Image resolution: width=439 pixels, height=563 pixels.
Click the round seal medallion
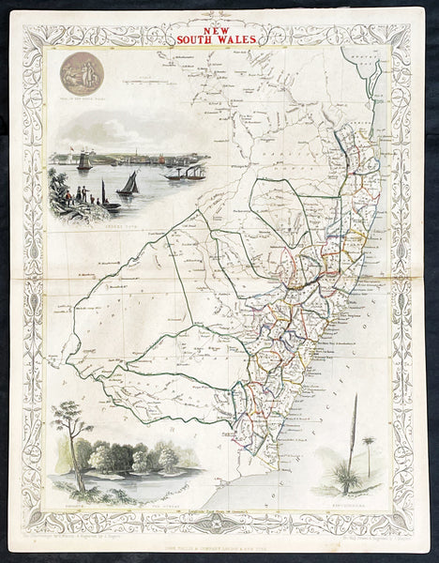(79, 74)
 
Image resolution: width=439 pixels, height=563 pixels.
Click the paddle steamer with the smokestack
(184, 173)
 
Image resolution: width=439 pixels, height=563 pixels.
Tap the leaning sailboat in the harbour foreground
(129, 183)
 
